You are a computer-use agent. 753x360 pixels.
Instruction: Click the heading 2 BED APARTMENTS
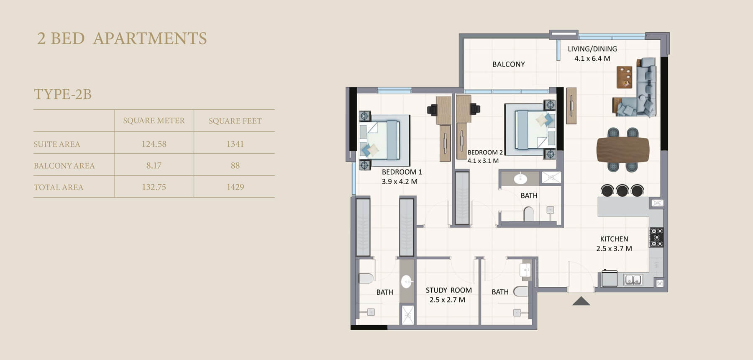pos(122,39)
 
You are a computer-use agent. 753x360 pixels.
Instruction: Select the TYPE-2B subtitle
pos(63,94)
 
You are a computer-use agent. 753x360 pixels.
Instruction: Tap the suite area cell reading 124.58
pos(154,144)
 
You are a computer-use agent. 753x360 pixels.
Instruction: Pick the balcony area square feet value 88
pos(235,166)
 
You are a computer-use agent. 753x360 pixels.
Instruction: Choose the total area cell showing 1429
pos(235,187)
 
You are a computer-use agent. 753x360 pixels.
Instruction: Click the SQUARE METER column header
pos(154,121)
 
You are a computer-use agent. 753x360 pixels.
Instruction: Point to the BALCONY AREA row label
pos(64,166)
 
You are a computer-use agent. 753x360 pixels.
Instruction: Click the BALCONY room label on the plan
pos(508,64)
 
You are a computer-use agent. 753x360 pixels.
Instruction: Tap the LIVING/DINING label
pos(592,49)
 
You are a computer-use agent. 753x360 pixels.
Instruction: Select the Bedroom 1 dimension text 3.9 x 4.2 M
pos(400,182)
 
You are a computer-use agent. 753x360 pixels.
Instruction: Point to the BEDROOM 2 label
pos(485,152)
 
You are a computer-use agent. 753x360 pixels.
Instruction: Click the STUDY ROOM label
pos(448,290)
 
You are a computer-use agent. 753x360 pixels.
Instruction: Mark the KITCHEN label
pos(614,239)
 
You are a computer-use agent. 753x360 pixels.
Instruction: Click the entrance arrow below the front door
pos(581,301)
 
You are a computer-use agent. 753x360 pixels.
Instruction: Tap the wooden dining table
pos(623,149)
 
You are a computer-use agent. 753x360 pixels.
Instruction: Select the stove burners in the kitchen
pos(656,237)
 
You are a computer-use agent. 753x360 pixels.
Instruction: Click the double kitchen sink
pos(633,280)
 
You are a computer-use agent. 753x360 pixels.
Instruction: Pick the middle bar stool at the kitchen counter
pos(622,190)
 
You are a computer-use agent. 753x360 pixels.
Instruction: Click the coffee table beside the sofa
pos(625,77)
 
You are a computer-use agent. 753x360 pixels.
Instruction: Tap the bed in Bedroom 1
pos(384,140)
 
